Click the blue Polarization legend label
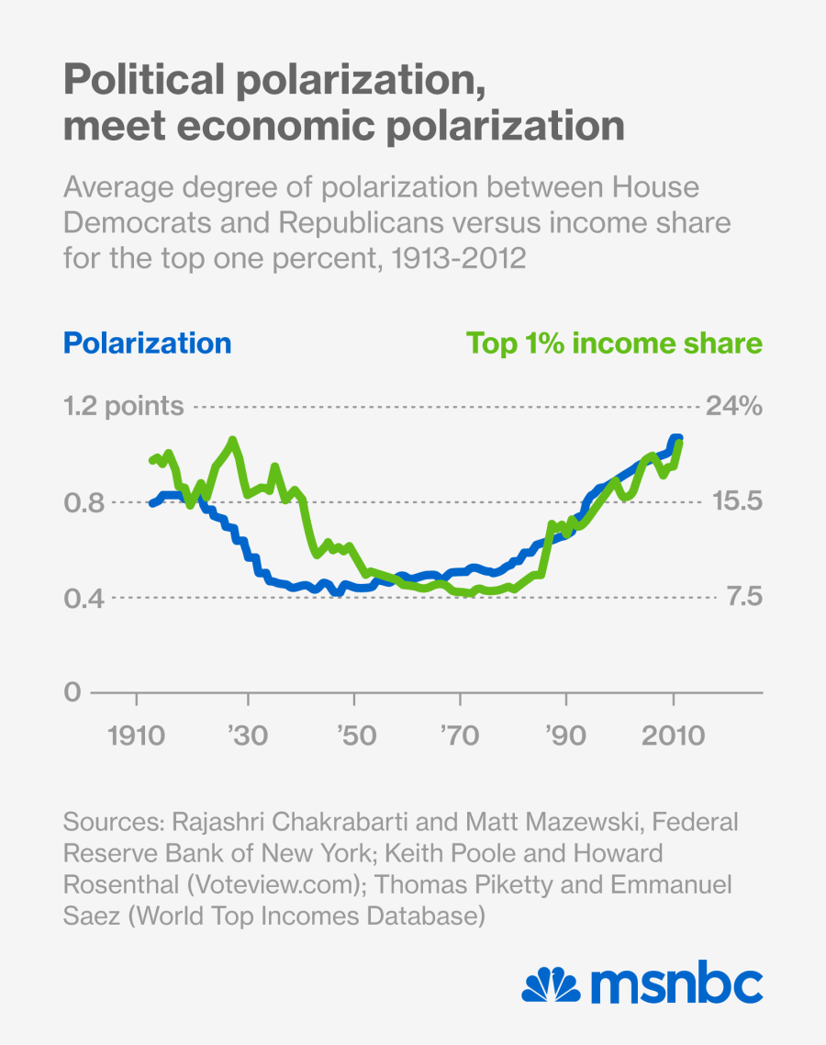tap(147, 343)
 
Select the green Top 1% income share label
tap(614, 343)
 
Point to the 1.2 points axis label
tap(123, 406)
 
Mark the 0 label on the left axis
tap(72, 692)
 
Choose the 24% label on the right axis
tap(733, 406)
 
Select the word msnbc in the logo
tap(676, 985)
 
